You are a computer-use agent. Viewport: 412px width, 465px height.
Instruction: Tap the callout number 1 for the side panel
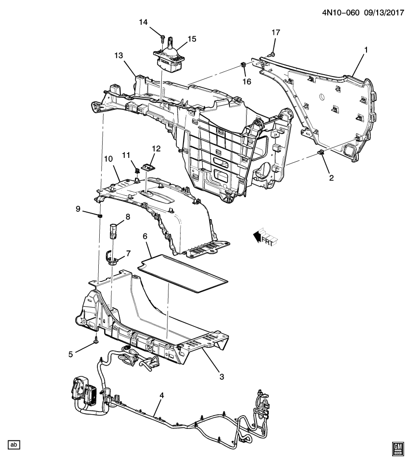coord(366,49)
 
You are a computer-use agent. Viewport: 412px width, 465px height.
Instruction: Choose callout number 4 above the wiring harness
coord(162,396)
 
